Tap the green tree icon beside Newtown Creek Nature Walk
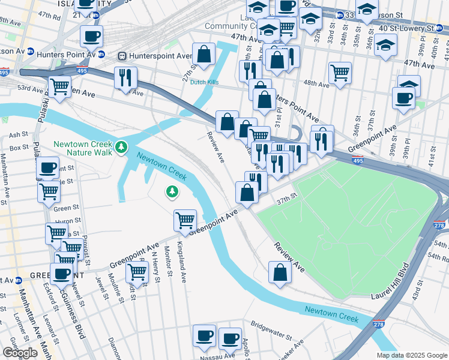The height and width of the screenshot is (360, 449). pos(122,146)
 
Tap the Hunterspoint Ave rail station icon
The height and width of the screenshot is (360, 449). pos(122,56)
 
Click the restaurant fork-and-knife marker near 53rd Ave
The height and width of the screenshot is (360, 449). pos(125,77)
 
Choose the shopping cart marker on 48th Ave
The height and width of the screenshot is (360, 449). pos(340,73)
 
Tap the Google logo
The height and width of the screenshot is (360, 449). pos(20,353)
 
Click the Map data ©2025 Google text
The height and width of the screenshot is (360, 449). pos(411,355)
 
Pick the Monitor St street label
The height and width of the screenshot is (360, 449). pos(169,262)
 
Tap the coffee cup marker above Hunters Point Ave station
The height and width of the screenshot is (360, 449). pos(91,37)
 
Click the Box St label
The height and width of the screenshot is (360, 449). pos(19,147)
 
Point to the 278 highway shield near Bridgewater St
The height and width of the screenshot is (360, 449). pos(378,325)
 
